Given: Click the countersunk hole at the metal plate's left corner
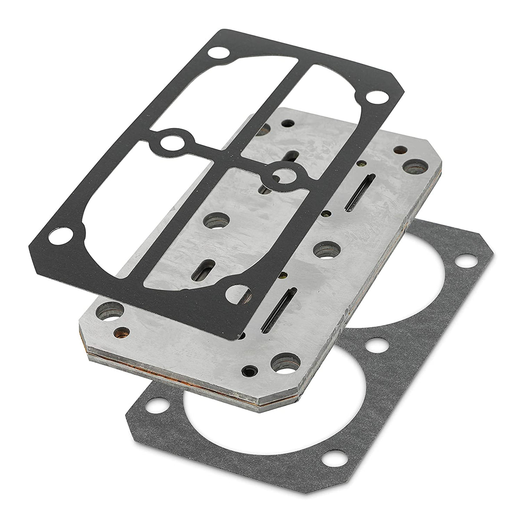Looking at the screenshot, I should click(x=106, y=310).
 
